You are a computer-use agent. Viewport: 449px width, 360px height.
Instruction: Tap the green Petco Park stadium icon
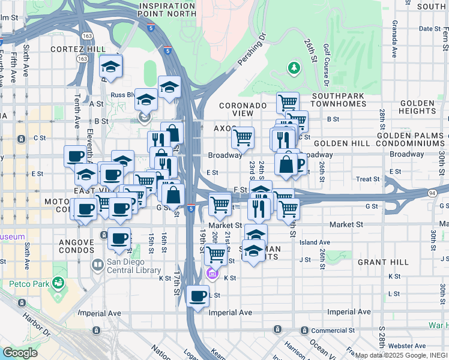[x=58, y=281]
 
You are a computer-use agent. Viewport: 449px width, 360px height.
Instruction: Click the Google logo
[x=20, y=353]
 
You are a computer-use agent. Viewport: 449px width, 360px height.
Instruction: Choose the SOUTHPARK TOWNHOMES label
[x=339, y=100]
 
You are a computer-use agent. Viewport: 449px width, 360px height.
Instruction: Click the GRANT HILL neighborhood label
[x=383, y=262]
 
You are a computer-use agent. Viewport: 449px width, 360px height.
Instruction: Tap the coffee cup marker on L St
[x=198, y=296]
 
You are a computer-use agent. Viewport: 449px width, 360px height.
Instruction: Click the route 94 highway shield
[x=432, y=193]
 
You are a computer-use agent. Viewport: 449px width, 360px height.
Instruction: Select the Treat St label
[x=367, y=179]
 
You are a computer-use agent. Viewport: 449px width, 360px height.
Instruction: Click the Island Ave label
[x=315, y=242]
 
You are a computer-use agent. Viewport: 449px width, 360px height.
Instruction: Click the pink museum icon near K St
[x=211, y=275]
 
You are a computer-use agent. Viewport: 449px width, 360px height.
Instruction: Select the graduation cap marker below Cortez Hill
[x=111, y=67]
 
